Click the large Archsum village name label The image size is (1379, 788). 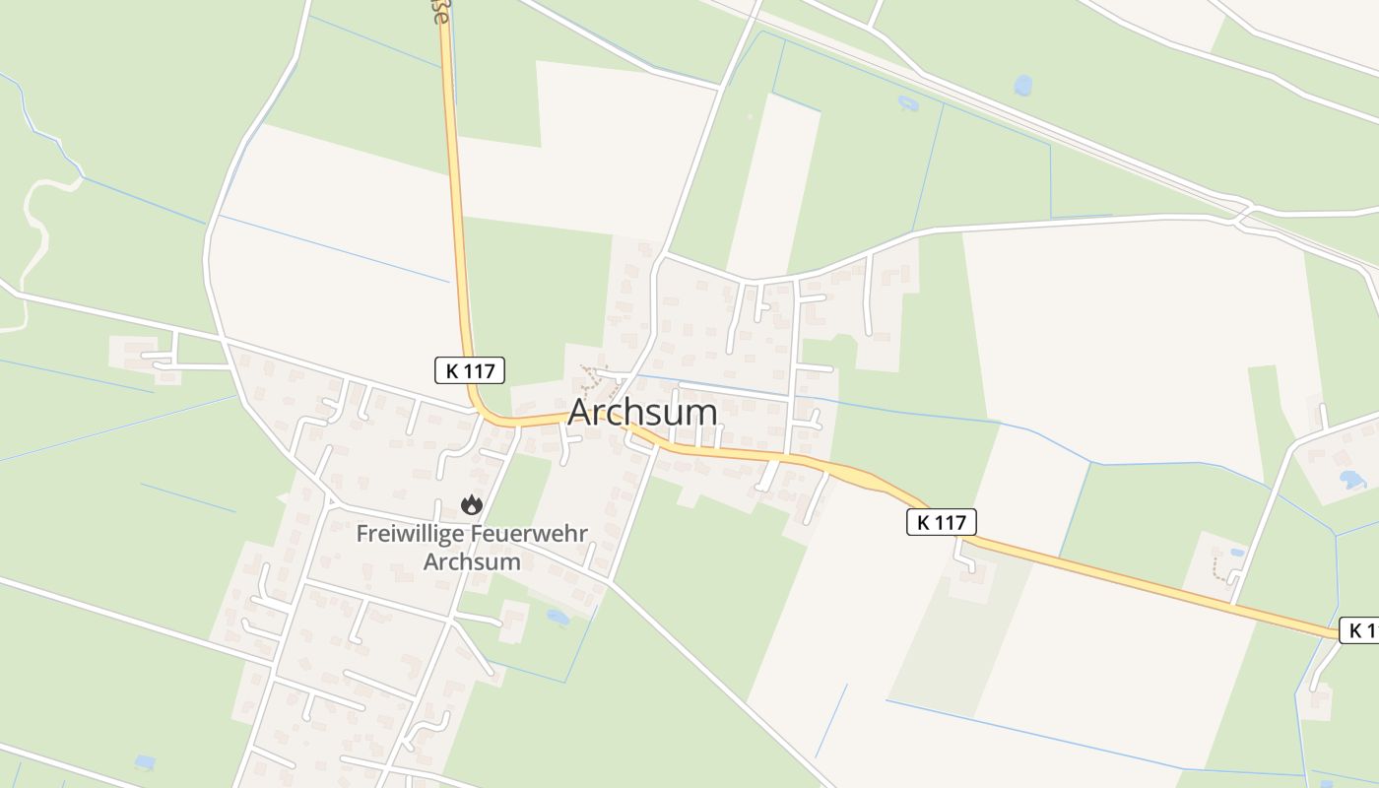coord(642,413)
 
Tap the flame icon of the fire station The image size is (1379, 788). coord(472,504)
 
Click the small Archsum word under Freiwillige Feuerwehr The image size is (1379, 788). coord(471,561)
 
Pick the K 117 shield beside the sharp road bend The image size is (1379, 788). coord(470,370)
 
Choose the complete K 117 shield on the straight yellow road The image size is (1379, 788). coord(942,522)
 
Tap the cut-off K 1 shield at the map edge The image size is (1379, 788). coord(1360,630)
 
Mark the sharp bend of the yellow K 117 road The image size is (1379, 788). coord(482,412)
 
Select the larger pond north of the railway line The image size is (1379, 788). coord(1023,86)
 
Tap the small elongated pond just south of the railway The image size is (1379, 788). coord(907,101)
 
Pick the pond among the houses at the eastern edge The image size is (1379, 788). coord(1352,480)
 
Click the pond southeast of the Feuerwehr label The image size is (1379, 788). coord(558,618)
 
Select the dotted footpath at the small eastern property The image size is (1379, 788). coord(1221,569)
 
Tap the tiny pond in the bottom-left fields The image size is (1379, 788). coord(145,761)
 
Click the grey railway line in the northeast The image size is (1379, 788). coord(1083,138)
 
